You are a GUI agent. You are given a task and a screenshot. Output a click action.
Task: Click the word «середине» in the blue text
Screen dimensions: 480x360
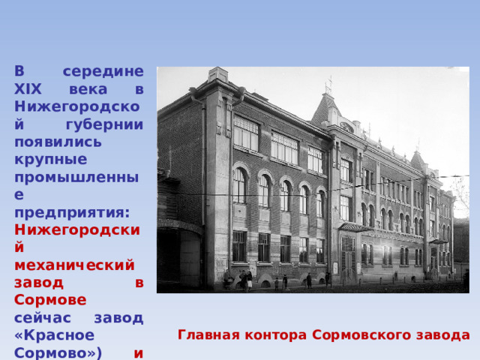click(103, 71)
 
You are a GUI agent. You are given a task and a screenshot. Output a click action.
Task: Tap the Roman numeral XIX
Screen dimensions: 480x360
click(28, 89)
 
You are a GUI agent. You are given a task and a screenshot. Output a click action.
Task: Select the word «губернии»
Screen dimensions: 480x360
click(105, 125)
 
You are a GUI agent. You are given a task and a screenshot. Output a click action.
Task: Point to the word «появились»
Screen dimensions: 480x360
click(58, 142)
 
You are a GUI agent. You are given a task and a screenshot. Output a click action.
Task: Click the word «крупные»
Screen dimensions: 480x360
click(51, 160)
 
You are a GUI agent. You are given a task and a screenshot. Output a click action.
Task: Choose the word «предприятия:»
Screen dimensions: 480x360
click(72, 213)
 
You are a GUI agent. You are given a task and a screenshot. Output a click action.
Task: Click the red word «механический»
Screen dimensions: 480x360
click(74, 265)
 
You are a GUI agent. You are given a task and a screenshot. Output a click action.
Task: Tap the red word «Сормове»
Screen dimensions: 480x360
click(50, 300)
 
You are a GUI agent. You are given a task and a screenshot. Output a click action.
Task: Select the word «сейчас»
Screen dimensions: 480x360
click(43, 318)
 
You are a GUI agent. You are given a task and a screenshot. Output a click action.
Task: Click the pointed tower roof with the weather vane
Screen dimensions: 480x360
click(327, 107)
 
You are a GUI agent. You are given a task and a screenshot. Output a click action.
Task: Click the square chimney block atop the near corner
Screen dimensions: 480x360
click(218, 75)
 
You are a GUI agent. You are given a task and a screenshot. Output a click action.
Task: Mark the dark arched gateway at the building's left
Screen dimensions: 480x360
click(180, 256)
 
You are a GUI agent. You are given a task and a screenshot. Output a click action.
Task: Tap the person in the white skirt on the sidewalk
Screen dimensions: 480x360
click(250, 280)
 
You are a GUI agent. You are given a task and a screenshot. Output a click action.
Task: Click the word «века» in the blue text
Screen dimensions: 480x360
click(88, 89)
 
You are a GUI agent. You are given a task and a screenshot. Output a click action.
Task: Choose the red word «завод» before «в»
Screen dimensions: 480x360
click(39, 283)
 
